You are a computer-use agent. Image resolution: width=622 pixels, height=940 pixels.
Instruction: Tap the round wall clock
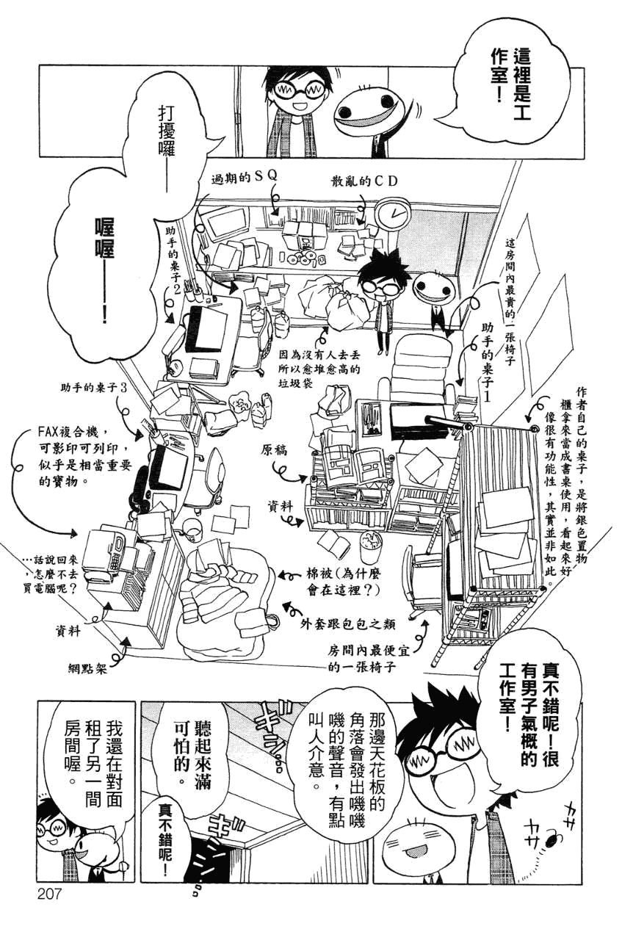[393, 214]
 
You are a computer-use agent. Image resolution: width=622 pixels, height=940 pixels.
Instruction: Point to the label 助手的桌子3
[95, 386]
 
